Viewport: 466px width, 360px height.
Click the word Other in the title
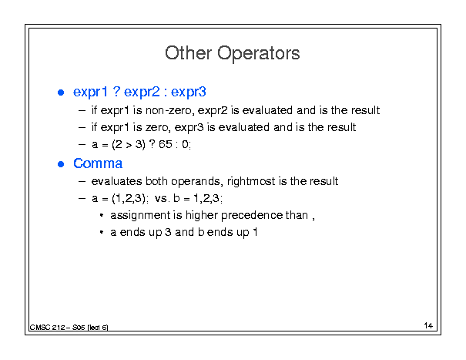point(189,53)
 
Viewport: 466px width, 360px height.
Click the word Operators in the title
point(259,54)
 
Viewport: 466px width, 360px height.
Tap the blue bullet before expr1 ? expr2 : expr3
point(61,93)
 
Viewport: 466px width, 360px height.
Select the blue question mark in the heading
point(116,91)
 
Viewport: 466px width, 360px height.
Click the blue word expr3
point(188,92)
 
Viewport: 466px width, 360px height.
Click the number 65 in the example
point(166,145)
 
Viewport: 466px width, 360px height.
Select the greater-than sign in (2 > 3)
point(129,145)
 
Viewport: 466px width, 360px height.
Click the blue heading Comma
point(98,163)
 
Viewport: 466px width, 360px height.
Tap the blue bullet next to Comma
point(61,164)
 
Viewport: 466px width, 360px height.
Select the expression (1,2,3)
point(129,198)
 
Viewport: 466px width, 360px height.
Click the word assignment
point(140,215)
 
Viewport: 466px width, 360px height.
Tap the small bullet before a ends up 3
point(102,232)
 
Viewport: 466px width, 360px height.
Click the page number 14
point(428,325)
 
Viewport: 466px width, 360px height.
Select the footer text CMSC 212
point(47,328)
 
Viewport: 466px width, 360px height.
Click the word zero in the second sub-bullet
point(158,128)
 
